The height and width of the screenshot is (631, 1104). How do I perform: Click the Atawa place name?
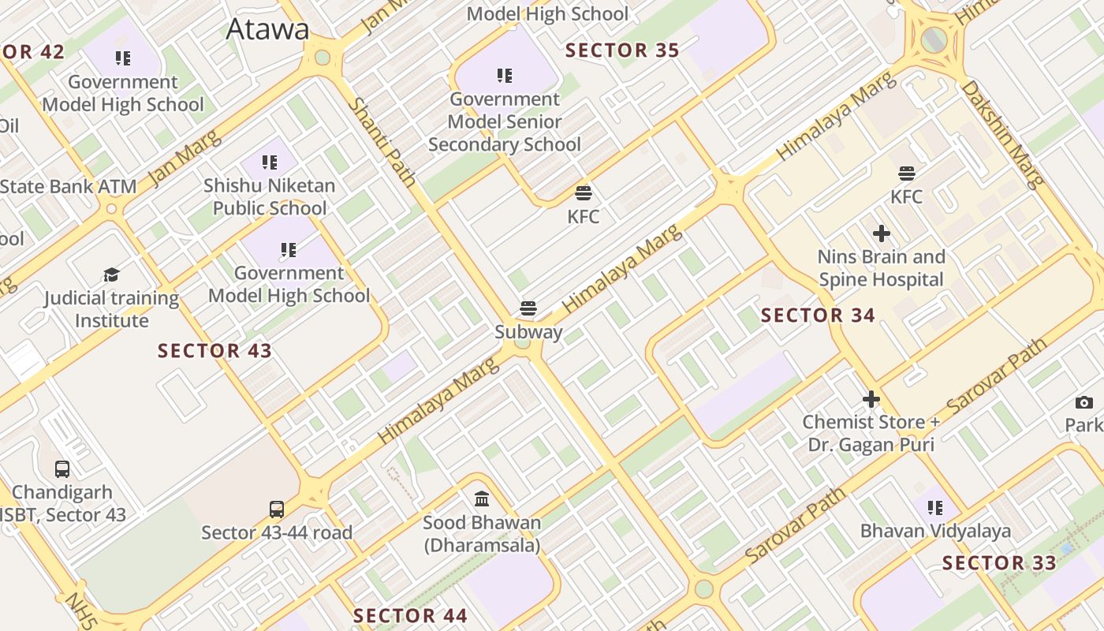(267, 29)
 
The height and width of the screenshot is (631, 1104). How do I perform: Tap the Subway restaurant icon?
(528, 308)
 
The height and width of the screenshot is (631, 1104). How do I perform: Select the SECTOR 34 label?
(818, 315)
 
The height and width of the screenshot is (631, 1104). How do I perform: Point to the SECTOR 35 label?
(622, 50)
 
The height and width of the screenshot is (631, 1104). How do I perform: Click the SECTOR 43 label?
(214, 351)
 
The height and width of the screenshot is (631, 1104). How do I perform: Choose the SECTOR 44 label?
(410, 616)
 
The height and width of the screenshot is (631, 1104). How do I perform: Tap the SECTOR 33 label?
(999, 563)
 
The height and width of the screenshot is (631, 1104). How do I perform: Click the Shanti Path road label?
(382, 142)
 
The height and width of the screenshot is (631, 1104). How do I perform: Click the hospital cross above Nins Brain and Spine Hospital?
(882, 233)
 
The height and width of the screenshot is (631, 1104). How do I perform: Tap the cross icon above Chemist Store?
(871, 399)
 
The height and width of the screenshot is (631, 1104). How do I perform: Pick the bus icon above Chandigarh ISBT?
(62, 469)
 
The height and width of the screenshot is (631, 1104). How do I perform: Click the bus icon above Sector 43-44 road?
(277, 510)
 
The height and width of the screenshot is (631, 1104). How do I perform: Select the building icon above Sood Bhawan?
(482, 499)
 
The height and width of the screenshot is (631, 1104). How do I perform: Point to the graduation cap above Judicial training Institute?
(111, 275)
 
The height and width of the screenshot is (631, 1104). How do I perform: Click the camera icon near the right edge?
(1084, 403)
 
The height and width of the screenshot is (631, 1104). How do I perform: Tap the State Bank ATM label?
(68, 187)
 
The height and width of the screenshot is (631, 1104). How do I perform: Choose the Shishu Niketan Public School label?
(270, 196)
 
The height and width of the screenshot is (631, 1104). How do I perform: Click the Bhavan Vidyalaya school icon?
(935, 508)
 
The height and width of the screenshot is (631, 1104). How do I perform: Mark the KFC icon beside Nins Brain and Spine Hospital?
(907, 174)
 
